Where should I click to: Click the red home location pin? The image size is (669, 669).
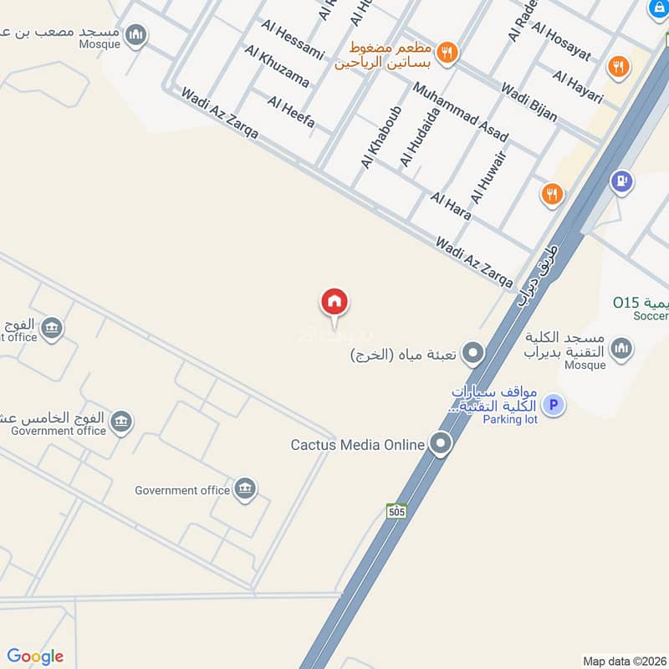[334, 302]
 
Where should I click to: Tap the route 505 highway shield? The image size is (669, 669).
[396, 510]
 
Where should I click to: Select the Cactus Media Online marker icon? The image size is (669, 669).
[441, 445]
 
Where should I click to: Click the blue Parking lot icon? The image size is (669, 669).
[552, 406]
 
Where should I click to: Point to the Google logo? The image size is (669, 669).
[34, 656]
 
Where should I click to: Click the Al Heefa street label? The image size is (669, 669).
[291, 113]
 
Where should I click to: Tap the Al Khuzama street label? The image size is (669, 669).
[277, 67]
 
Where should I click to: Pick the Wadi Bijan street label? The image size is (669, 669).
[529, 102]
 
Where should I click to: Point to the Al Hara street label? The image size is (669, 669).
[451, 206]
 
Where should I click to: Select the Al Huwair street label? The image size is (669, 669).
[489, 176]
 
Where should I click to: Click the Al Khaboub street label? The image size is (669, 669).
[381, 137]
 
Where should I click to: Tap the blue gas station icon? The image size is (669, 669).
[620, 180]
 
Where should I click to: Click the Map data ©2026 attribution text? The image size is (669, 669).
[622, 661]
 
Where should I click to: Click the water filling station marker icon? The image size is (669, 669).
[473, 355]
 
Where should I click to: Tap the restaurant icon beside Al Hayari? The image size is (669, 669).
[618, 66]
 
